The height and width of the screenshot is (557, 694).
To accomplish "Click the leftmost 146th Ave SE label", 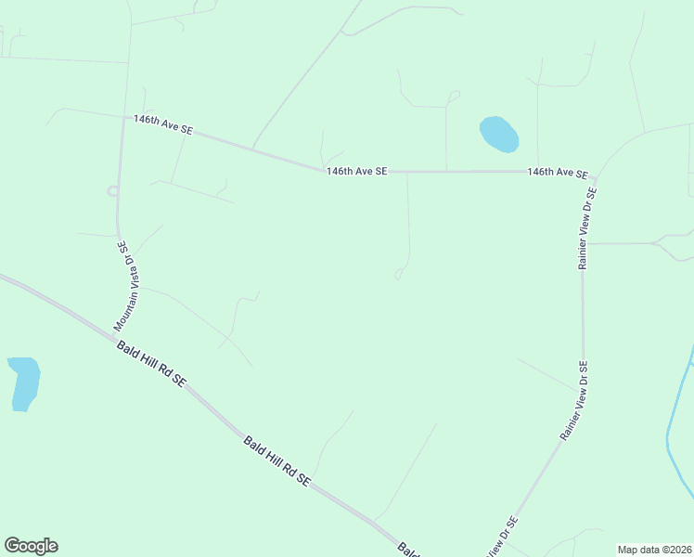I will tap(162, 125).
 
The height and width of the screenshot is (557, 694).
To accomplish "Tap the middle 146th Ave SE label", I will tap(356, 171).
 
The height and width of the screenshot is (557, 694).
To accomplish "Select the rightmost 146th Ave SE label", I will tap(558, 173).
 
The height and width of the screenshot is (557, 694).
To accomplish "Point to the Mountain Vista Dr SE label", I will tap(128, 287).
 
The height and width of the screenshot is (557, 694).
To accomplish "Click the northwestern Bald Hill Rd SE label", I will tap(151, 363).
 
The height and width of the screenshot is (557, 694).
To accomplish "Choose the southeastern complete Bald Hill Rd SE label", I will tap(276, 460).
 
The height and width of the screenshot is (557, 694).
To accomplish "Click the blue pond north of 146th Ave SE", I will tap(498, 134).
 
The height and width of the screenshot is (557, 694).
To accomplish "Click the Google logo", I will tap(31, 546).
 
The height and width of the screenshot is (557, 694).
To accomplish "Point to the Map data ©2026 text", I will tap(654, 550).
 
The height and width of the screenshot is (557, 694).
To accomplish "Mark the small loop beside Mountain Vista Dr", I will tap(112, 191).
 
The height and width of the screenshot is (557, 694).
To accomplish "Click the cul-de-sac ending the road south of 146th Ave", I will tap(400, 274).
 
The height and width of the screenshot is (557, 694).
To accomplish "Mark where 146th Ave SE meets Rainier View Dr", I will tap(595, 173).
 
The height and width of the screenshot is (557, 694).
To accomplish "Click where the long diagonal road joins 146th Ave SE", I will tap(252, 148).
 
